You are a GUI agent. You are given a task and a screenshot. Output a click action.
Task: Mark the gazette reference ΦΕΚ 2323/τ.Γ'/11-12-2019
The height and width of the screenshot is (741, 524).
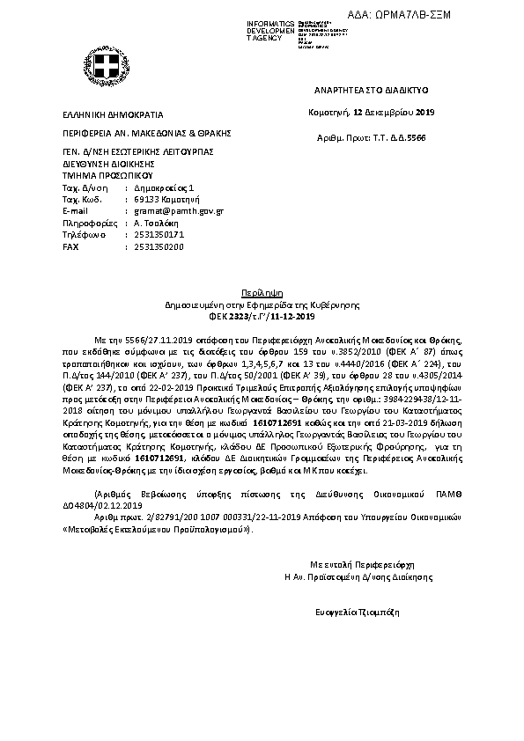coord(261,315)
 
